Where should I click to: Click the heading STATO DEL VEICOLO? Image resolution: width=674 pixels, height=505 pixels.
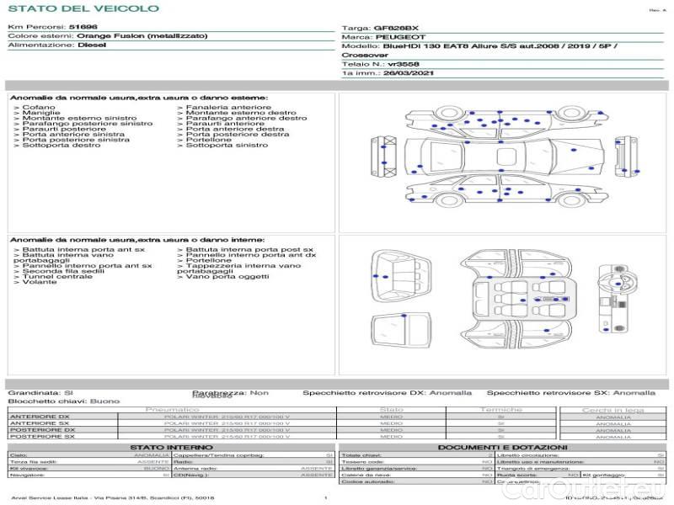pyautogui.click(x=83, y=9)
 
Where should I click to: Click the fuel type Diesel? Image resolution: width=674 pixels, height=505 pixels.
pyautogui.click(x=92, y=45)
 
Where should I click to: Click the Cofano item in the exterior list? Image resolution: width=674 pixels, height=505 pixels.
pyautogui.click(x=39, y=108)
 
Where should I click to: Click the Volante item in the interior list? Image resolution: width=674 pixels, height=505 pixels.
pyautogui.click(x=40, y=282)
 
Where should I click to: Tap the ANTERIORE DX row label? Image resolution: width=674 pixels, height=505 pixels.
pyautogui.click(x=40, y=417)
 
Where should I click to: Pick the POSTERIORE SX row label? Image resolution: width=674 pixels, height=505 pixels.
pyautogui.click(x=41, y=437)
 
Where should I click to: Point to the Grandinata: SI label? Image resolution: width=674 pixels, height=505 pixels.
pyautogui.click(x=40, y=393)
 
